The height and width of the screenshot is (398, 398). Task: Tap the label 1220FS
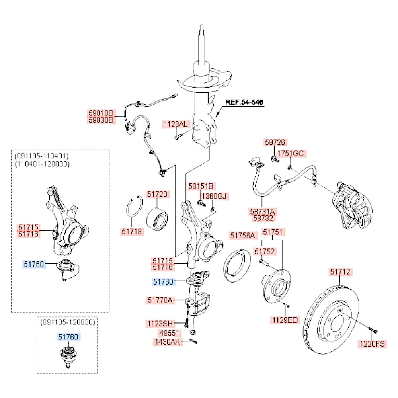click(373, 344)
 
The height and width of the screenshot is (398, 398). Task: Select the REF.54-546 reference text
click(244, 102)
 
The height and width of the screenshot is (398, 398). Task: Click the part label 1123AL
click(175, 124)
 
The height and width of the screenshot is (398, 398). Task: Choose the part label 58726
click(276, 142)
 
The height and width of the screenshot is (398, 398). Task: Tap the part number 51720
click(158, 194)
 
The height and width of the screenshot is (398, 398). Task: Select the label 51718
click(131, 231)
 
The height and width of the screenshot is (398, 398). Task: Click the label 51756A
click(242, 236)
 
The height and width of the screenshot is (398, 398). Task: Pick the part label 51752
click(265, 251)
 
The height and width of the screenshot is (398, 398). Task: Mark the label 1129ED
click(285, 320)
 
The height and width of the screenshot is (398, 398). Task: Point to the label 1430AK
click(167, 342)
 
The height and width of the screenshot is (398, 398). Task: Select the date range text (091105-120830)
click(68, 321)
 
